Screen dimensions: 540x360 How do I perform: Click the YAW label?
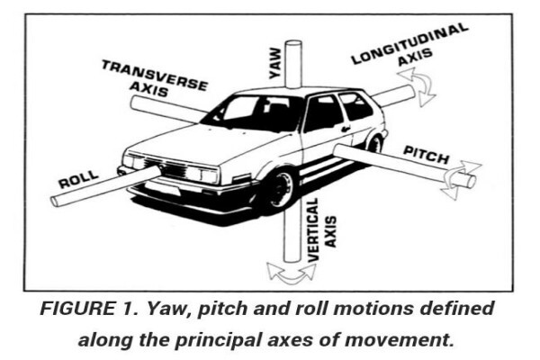pyautogui.click(x=275, y=63)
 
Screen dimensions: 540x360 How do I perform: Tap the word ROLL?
pyautogui.click(x=79, y=179)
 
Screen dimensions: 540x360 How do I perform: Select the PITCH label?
pyautogui.click(x=427, y=155)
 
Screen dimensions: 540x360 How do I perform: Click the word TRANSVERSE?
pyautogui.click(x=155, y=75)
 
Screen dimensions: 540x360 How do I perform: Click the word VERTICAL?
pyautogui.click(x=312, y=229)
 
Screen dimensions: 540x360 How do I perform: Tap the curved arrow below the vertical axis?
pyautogui.click(x=292, y=274)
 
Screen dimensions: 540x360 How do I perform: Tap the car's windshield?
pyautogui.click(x=253, y=111)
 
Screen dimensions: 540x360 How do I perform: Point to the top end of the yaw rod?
pyautogui.click(x=293, y=44)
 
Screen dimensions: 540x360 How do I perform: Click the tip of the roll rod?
pyautogui.click(x=55, y=202)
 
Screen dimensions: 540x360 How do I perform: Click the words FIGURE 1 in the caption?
pyautogui.click(x=89, y=309)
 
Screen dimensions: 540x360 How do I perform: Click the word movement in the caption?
pyautogui.click(x=399, y=340)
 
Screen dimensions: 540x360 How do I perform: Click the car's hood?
pyautogui.click(x=207, y=145)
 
